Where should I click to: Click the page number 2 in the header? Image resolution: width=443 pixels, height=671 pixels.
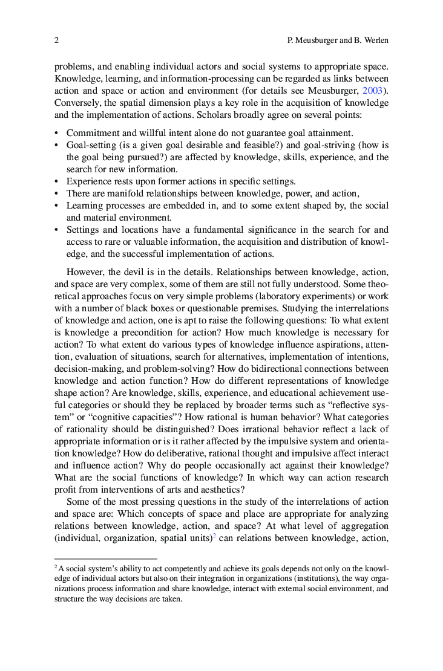click(x=56, y=41)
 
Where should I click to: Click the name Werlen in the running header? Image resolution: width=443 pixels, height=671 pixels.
click(x=373, y=41)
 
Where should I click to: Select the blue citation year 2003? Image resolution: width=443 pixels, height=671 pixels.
click(x=372, y=91)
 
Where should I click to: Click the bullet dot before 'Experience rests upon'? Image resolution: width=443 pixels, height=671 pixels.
click(x=57, y=181)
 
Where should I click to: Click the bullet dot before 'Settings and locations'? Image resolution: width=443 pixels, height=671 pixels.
click(x=57, y=230)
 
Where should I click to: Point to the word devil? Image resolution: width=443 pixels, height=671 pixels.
click(x=145, y=272)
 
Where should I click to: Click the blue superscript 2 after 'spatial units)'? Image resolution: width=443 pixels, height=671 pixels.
click(x=214, y=536)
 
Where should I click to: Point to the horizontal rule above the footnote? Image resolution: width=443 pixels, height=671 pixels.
click(x=105, y=559)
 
